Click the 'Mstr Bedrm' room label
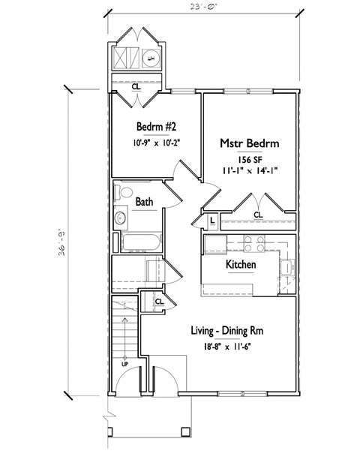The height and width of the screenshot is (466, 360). pyautogui.click(x=249, y=143)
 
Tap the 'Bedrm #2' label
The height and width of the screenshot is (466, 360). pyautogui.click(x=156, y=125)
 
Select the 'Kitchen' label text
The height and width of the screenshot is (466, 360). pyautogui.click(x=241, y=265)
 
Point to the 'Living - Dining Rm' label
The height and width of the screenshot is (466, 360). pyautogui.click(x=220, y=330)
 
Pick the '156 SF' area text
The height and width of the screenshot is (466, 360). pyautogui.click(x=249, y=158)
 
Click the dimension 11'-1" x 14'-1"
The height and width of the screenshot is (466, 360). pyautogui.click(x=249, y=170)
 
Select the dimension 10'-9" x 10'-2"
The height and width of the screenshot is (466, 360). pyautogui.click(x=156, y=140)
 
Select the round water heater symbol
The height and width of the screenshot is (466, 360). pyautogui.click(x=149, y=59)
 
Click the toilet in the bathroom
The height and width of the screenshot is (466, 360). pyautogui.click(x=123, y=194)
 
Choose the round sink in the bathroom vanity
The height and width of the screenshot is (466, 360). pyautogui.click(x=121, y=219)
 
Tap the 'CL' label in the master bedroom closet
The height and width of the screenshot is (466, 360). pyautogui.click(x=259, y=215)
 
